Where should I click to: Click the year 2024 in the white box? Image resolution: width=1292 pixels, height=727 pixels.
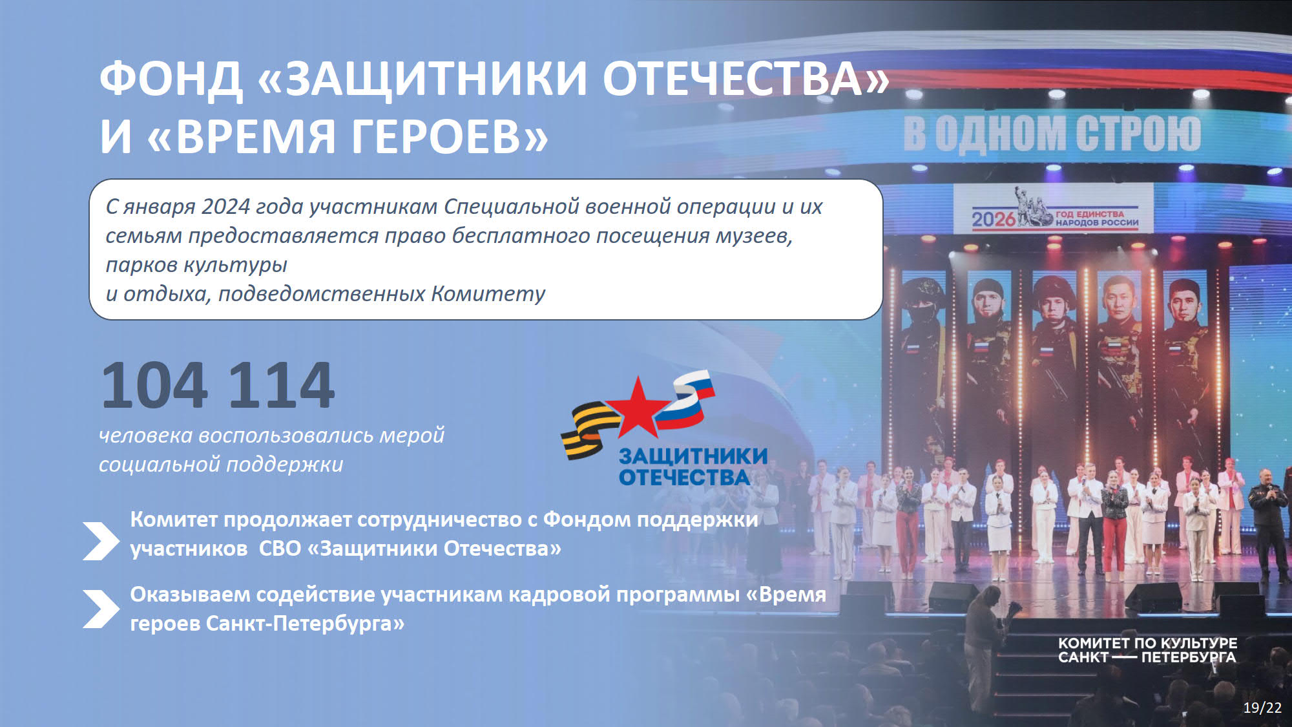[x=225, y=206]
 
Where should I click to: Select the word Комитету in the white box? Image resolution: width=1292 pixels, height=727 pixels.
[x=488, y=293]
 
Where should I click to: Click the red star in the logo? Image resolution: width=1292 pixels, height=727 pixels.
[x=638, y=408]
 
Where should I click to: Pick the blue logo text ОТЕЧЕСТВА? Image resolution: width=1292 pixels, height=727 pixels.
[x=684, y=477]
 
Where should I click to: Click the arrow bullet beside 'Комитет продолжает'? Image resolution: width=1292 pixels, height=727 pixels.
[x=101, y=541]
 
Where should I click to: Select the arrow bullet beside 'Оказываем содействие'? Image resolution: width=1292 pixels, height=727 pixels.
[x=101, y=609]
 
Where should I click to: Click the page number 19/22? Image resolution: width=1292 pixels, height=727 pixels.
[x=1262, y=708]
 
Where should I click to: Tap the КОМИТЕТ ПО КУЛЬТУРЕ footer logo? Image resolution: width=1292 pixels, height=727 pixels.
[x=1147, y=650]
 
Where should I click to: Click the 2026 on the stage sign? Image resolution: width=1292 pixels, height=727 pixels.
[x=994, y=220]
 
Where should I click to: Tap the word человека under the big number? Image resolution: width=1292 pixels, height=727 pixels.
[x=146, y=436]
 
